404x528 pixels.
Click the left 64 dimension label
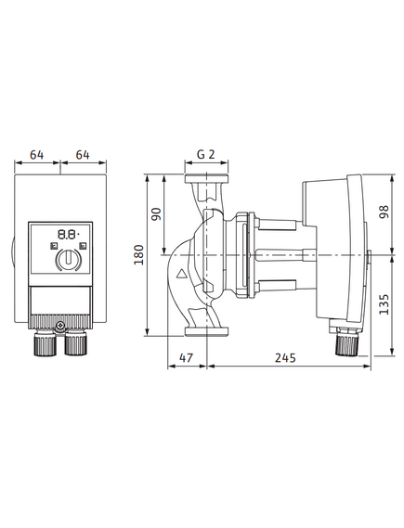pos(37,155)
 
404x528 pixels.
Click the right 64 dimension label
pos(83,155)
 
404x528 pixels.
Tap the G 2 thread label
pos(206,154)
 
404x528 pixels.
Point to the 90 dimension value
pos(156,213)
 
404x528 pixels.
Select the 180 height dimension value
pos(138,255)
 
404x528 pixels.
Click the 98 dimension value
pos(384,212)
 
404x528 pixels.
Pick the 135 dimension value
pos(384,304)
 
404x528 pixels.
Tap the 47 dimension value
pos(187,357)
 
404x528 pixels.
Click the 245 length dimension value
pos(285,357)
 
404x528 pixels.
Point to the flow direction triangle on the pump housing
pos(182,274)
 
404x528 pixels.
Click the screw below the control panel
pos(60,326)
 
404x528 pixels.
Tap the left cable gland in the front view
pos(45,343)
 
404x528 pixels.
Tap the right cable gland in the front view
pos(76,343)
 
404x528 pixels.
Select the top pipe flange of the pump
pos(206,178)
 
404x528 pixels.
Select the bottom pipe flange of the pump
pos(206,331)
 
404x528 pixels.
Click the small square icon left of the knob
pos(54,246)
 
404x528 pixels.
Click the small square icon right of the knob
pos(83,246)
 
